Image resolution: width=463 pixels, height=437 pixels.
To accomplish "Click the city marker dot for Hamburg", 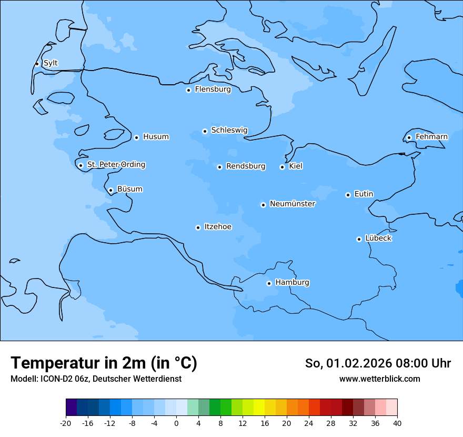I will (269, 283).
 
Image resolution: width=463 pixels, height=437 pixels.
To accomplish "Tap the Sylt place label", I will (51, 63).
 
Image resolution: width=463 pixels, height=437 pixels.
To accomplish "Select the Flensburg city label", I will (213, 90).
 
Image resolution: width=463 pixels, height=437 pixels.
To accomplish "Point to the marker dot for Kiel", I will (282, 167).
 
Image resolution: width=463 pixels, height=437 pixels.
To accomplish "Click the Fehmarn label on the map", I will (431, 137).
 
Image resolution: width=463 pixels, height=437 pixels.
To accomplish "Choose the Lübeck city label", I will (378, 239).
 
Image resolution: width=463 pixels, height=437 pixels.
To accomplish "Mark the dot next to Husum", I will (136, 137).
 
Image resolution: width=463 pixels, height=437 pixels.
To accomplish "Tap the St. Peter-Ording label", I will (116, 165).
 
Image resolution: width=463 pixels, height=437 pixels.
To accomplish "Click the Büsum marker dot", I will (110, 190).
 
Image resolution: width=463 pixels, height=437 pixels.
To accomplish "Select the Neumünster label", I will (293, 204).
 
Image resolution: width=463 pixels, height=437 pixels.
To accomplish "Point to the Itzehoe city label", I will (218, 227).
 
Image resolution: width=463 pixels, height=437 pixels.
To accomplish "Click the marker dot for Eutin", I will (348, 195).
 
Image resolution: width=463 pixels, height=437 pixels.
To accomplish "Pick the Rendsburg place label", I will (246, 166).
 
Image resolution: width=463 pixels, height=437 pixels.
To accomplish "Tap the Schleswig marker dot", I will (205, 131).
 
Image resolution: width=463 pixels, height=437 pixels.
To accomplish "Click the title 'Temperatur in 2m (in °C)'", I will (104, 363).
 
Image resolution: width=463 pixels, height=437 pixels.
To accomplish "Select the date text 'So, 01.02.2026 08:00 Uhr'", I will (378, 363).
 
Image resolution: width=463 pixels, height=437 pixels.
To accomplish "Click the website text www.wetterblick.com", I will (379, 379).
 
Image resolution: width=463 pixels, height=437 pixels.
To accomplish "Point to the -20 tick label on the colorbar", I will (66, 423).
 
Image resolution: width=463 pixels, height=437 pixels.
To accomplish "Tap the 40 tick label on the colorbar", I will (397, 423).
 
